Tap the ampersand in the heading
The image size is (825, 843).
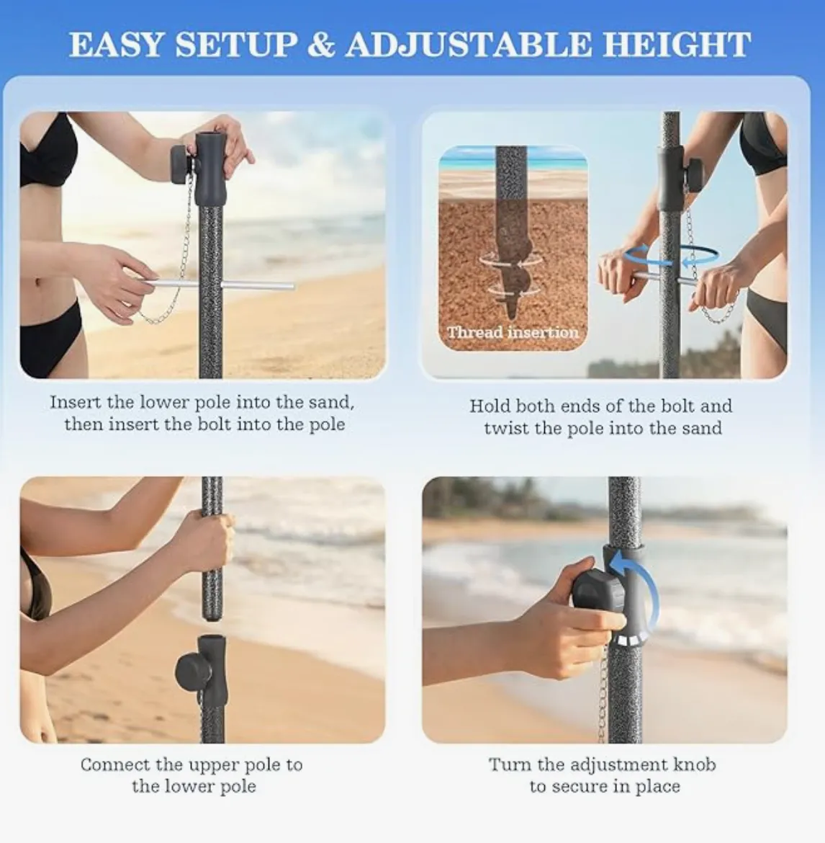tap(321, 44)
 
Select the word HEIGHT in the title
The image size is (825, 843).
tap(677, 44)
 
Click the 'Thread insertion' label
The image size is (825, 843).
tap(513, 332)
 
